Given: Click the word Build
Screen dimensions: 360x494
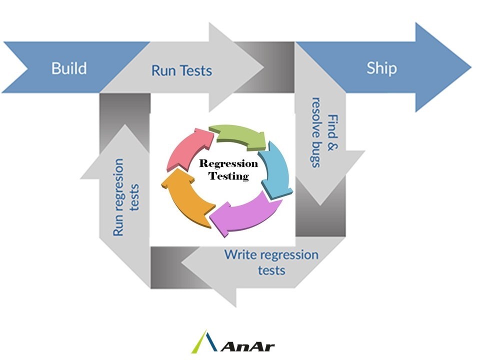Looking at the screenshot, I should (x=69, y=68).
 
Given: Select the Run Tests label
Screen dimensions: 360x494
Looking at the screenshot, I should (x=181, y=70).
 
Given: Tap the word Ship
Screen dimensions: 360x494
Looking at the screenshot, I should (x=381, y=68).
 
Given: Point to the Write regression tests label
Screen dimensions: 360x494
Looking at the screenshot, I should (x=271, y=261).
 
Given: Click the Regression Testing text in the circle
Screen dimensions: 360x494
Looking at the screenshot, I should (x=228, y=169).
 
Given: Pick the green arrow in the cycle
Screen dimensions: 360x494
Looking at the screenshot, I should (x=237, y=135).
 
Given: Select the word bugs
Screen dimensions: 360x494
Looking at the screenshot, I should (x=315, y=156).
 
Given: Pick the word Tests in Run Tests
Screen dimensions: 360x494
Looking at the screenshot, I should (x=196, y=70).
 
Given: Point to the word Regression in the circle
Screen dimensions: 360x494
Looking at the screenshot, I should (x=228, y=163).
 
